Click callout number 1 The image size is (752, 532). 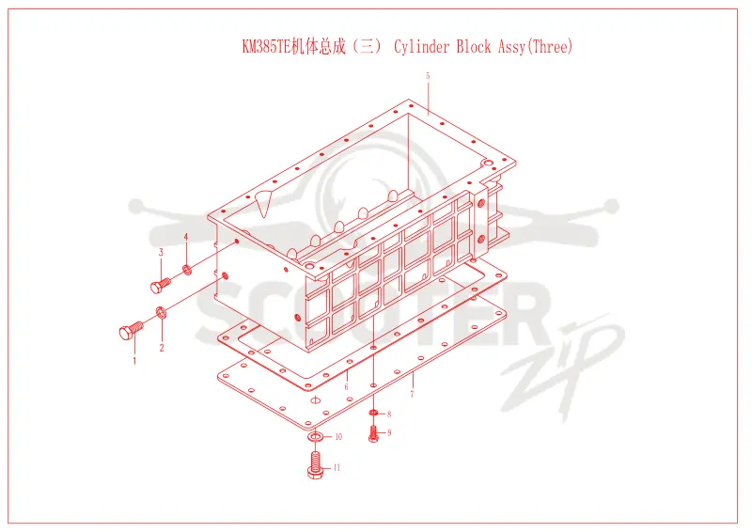point(134,360)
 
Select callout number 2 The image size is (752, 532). point(162,348)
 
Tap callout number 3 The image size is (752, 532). point(161,252)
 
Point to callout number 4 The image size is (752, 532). point(186,237)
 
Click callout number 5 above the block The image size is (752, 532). point(428,75)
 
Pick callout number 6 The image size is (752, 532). point(346,386)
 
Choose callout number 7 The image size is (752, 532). point(412,395)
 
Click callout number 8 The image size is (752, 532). point(389,414)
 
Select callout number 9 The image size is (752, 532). point(389,432)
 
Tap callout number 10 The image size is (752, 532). point(338,436)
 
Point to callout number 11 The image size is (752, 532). point(337,467)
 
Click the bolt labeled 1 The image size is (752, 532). point(131,330)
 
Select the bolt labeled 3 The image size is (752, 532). point(160,285)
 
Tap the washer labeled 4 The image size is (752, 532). point(187,270)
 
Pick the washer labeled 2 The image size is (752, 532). point(161,312)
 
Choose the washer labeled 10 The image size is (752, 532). point(315,437)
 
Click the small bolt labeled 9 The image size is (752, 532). point(373,434)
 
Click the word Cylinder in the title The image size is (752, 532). point(422,47)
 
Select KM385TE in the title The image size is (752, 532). point(267,47)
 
